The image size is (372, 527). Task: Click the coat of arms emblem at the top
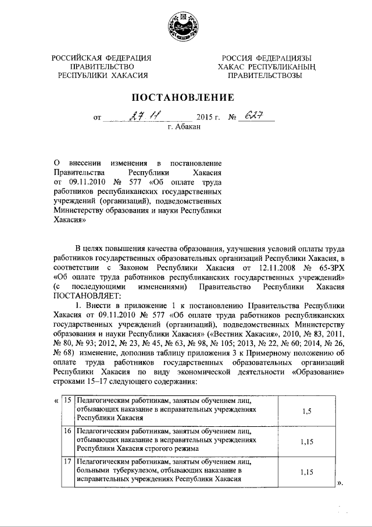pos(186,27)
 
